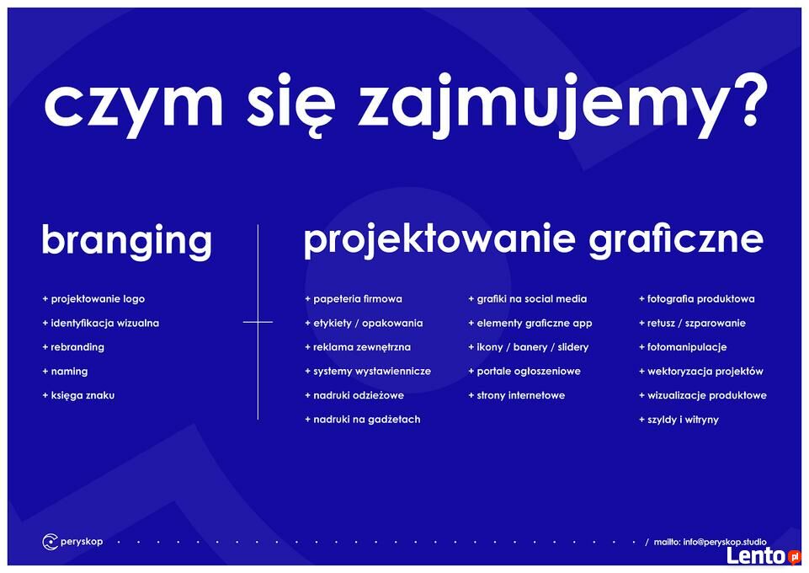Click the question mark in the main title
(743, 99)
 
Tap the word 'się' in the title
(291, 105)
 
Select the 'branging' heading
(127, 242)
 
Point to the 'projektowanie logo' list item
(94, 299)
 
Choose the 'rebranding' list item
(73, 347)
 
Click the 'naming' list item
(65, 372)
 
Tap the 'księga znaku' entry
(78, 395)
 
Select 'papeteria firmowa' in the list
(354, 299)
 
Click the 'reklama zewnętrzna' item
(358, 347)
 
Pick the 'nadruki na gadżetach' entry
(363, 420)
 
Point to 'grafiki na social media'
(528, 299)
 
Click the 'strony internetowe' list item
(517, 395)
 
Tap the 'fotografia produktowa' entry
(697, 299)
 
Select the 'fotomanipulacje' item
(683, 347)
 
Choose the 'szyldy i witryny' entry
(679, 420)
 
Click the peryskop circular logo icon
(50, 542)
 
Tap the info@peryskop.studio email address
(725, 542)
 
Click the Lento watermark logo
(764, 556)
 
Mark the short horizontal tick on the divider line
(258, 322)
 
